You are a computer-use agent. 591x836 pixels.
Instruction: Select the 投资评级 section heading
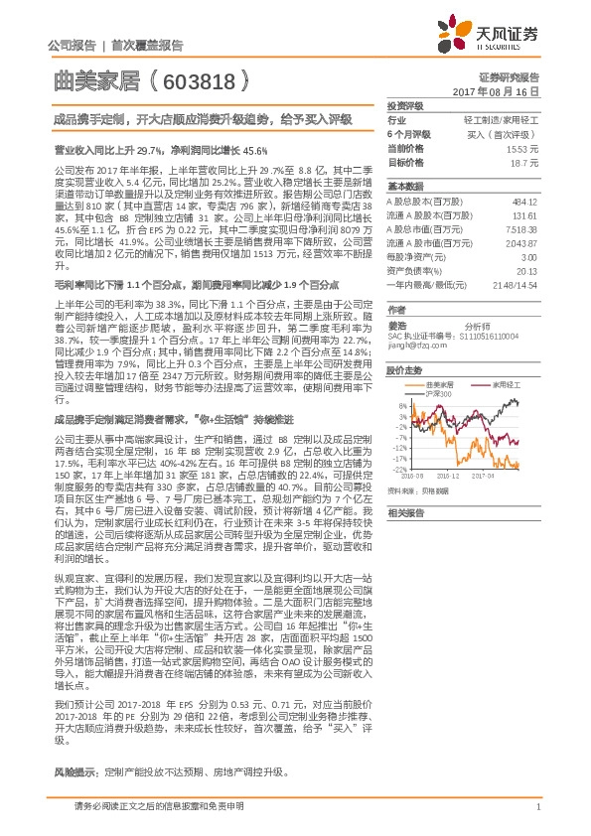click(x=404, y=105)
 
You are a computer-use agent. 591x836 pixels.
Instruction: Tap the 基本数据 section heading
click(x=404, y=188)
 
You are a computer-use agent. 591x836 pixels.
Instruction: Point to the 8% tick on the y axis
click(x=399, y=406)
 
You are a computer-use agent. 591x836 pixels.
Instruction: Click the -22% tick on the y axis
click(x=396, y=469)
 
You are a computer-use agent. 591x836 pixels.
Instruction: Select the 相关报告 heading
click(x=404, y=512)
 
